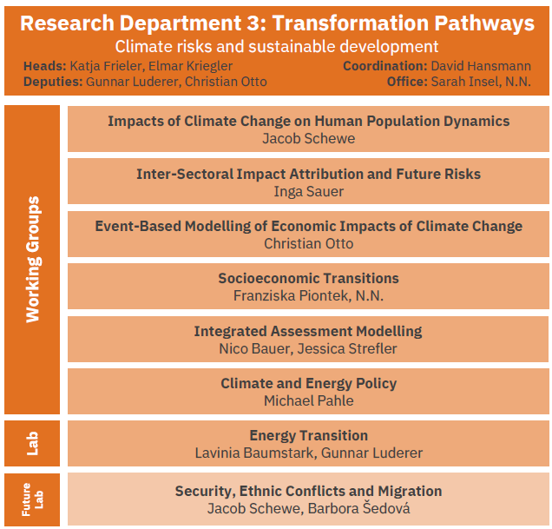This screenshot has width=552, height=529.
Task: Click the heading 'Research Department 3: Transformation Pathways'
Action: click(x=277, y=23)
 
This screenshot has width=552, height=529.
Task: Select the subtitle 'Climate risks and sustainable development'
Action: click(x=277, y=47)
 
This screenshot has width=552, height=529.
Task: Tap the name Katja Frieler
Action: click(x=106, y=66)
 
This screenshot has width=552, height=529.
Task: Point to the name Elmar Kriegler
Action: click(x=190, y=66)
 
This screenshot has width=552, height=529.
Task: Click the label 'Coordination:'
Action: click(x=385, y=66)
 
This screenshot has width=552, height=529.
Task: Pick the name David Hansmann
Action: click(x=481, y=66)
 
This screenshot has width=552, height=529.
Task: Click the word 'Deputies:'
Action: click(x=53, y=82)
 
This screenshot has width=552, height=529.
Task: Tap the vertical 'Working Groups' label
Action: click(x=33, y=259)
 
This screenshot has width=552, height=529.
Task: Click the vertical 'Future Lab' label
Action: click(x=32, y=499)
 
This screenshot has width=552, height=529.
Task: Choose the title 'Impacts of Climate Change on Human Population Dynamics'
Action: click(x=308, y=122)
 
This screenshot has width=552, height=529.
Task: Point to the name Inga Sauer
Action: click(x=308, y=192)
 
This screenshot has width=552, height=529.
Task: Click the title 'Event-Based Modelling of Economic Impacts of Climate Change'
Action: click(x=308, y=226)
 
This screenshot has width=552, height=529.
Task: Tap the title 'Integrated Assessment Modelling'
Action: click(x=308, y=331)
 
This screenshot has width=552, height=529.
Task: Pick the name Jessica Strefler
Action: click(x=347, y=348)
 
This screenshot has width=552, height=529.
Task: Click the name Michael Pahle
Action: click(x=309, y=400)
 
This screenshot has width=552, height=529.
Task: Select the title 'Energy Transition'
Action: click(x=309, y=435)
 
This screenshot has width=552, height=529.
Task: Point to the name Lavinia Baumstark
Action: click(x=254, y=453)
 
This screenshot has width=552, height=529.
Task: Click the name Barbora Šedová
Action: click(x=358, y=508)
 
